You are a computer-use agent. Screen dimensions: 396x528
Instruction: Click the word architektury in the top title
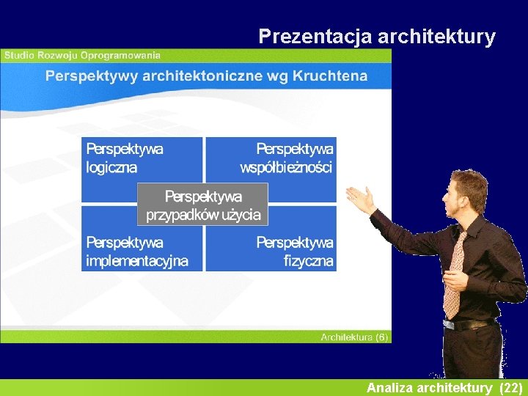pyautogui.click(x=437, y=37)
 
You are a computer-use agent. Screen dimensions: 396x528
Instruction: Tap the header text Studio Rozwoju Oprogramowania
pyautogui.click(x=82, y=55)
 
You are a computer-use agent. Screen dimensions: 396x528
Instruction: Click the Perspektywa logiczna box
pyautogui.click(x=125, y=158)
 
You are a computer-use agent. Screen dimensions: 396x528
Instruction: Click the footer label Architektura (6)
pyautogui.click(x=353, y=337)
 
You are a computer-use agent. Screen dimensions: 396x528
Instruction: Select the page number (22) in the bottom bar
pyautogui.click(x=510, y=387)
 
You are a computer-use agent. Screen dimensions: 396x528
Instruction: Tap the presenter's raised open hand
pyautogui.click(x=361, y=198)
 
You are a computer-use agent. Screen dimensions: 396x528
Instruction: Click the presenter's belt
pyautogui.click(x=469, y=323)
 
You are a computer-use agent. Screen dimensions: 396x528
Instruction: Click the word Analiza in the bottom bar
pyautogui.click(x=390, y=387)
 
